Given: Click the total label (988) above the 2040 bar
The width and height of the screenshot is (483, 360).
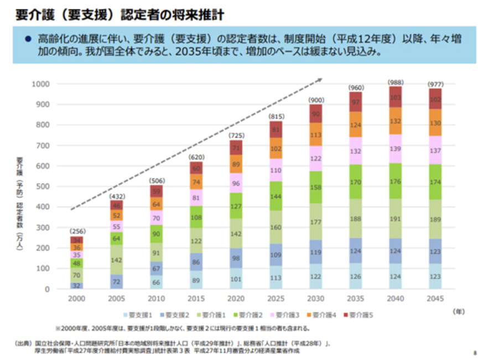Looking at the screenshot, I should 394,82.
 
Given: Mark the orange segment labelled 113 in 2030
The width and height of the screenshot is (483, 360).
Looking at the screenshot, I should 316,134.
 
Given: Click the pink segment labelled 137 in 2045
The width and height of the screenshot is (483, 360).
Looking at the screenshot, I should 435,150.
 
